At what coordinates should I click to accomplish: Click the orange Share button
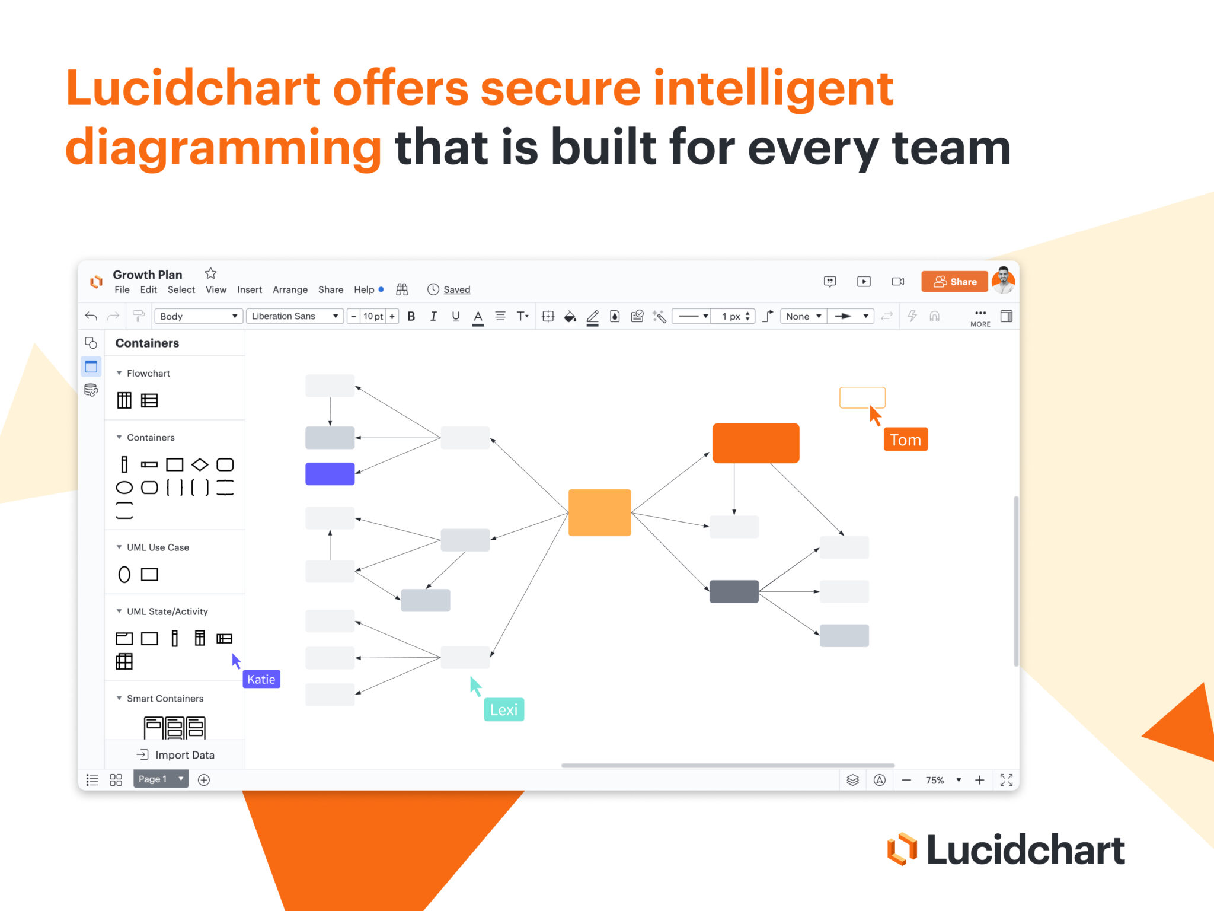click(x=954, y=282)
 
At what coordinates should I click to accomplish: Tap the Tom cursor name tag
click(x=905, y=439)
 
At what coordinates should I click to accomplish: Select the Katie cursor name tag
click(x=261, y=679)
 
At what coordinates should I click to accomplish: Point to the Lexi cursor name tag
click(x=504, y=709)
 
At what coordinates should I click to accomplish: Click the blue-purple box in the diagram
click(x=330, y=474)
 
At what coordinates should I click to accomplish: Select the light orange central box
click(x=599, y=512)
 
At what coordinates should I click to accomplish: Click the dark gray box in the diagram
click(x=734, y=591)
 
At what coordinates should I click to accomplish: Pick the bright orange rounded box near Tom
click(x=756, y=443)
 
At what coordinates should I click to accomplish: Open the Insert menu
click(x=250, y=289)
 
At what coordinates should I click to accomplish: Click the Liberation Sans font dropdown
click(x=295, y=316)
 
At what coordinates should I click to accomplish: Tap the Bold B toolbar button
click(x=411, y=316)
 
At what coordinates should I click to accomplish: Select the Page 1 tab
click(x=154, y=779)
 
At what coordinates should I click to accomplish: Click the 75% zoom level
click(x=935, y=780)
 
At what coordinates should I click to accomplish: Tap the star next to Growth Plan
click(x=210, y=273)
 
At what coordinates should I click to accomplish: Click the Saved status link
click(x=456, y=289)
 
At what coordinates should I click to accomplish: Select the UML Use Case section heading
click(x=158, y=547)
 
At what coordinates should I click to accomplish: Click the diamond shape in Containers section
click(x=200, y=464)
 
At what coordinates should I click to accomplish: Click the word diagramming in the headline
click(x=223, y=147)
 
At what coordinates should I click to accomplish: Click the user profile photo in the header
click(x=1003, y=281)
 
